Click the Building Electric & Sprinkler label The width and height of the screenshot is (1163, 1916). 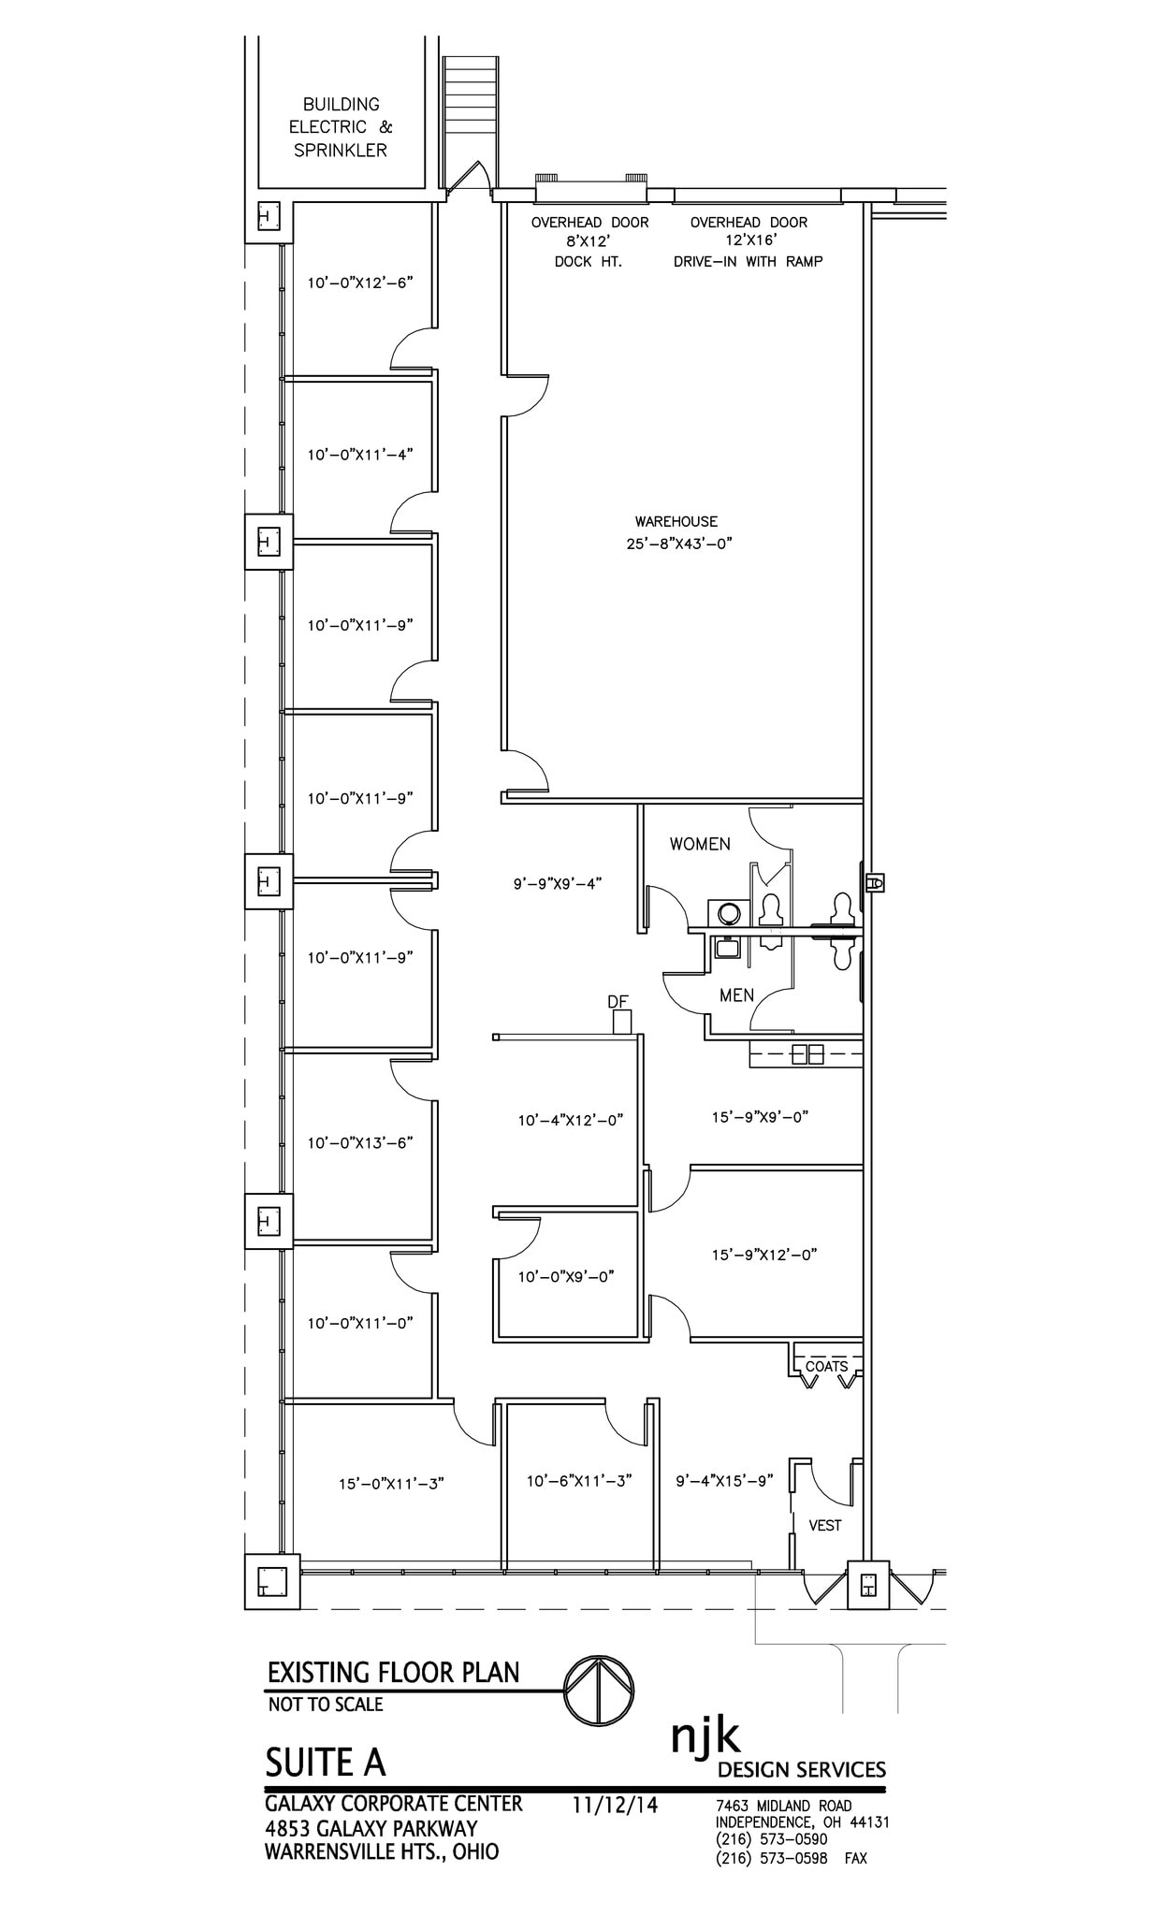340,127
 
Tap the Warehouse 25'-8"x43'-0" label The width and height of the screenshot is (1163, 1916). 676,532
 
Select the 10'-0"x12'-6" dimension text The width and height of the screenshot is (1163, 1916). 360,282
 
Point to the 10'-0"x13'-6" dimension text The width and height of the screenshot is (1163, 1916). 360,1142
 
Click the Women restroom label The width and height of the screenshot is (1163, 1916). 700,844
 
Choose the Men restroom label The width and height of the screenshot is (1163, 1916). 736,995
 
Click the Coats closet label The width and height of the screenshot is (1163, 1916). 826,1366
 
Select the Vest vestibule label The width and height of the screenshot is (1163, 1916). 825,1525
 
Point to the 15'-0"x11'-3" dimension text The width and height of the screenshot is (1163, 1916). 391,1483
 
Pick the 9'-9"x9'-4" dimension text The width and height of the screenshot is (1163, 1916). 557,881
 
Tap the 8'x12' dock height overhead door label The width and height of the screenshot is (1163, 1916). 589,241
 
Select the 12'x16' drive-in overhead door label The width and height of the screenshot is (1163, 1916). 749,241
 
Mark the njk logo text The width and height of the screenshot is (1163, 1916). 705,1736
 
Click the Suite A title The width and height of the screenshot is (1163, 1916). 325,1763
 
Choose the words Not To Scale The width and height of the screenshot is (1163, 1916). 326,1705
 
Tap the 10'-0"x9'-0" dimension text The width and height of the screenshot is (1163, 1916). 566,1276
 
